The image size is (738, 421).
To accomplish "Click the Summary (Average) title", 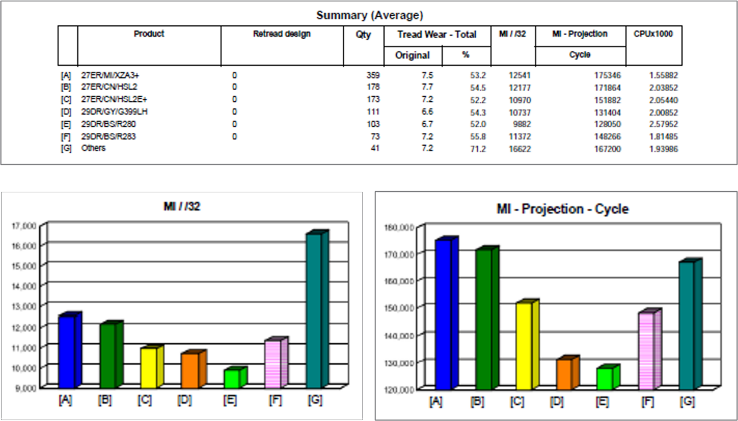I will click(369, 15).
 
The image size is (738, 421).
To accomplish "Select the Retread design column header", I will click(282, 34).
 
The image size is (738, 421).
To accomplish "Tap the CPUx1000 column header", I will click(653, 34).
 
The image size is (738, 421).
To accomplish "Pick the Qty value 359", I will click(372, 75).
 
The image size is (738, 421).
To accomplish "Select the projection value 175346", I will click(608, 75).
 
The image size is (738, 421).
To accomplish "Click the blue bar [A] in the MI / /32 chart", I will click(67, 351).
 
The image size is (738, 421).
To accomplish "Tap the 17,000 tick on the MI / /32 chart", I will click(24, 225).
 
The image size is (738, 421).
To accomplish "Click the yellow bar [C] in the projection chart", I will click(524, 345).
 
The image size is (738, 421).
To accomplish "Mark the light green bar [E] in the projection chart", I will click(605, 377).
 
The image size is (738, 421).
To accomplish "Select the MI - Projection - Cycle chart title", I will click(562, 209).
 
